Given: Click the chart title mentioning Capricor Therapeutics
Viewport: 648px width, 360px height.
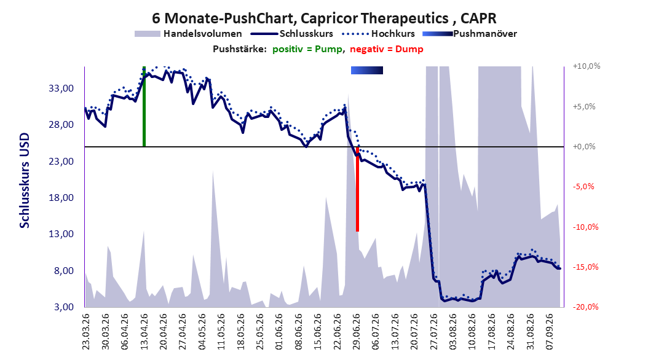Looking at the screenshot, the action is point(324,18).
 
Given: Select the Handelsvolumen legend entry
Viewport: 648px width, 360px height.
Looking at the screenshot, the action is point(188,34).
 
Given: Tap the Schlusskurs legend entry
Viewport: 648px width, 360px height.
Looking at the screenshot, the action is point(292,34).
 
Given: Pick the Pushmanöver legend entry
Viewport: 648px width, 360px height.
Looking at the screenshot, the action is point(470,34).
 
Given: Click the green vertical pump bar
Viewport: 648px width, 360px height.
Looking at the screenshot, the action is point(144,106).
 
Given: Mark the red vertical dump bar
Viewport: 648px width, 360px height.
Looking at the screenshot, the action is point(357,189).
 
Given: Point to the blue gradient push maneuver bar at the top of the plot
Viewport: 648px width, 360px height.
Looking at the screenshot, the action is point(367,71).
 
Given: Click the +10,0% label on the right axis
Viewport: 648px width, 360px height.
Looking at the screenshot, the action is point(587,66).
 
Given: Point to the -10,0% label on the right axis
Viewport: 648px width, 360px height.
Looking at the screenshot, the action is point(585,227).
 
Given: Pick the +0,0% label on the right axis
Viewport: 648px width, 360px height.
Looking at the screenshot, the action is point(584,147).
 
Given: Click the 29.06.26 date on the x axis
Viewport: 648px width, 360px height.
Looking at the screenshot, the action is point(357,332).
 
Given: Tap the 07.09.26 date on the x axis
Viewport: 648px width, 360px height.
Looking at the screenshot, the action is point(550,332).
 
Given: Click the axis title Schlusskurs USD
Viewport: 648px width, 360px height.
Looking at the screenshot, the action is point(25,181).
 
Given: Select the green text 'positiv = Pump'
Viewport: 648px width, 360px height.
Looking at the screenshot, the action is point(307,49).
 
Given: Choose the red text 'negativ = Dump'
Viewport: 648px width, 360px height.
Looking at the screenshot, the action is point(387,49).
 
